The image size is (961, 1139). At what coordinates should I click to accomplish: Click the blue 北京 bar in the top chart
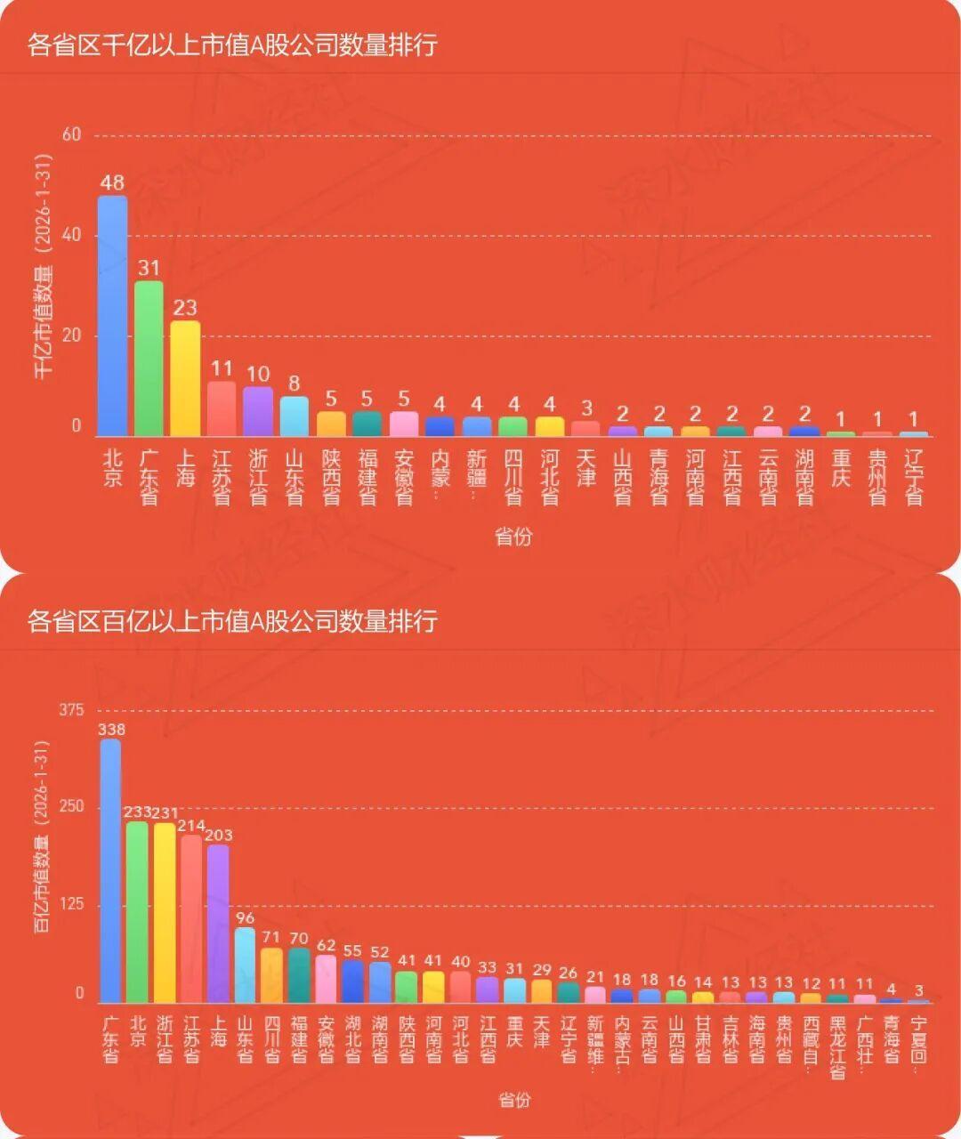pos(112,316)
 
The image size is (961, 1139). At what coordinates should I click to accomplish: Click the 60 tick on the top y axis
pos(72,134)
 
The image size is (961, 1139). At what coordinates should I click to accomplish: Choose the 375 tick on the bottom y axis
pos(72,710)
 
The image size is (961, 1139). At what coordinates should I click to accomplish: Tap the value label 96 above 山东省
pos(245,918)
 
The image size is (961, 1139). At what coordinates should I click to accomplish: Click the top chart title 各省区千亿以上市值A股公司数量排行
pos(232,44)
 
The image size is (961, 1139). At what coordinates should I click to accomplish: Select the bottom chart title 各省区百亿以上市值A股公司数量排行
pos(232,620)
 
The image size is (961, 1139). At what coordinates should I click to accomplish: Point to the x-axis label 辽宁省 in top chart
pos(913,478)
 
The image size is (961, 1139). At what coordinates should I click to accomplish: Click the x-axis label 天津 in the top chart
pos(585,468)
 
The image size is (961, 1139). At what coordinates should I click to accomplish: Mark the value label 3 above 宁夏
pos(919,990)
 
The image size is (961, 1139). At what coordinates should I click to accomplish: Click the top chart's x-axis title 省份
pos(513,537)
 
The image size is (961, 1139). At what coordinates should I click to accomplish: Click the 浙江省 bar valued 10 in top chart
pos(258,411)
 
